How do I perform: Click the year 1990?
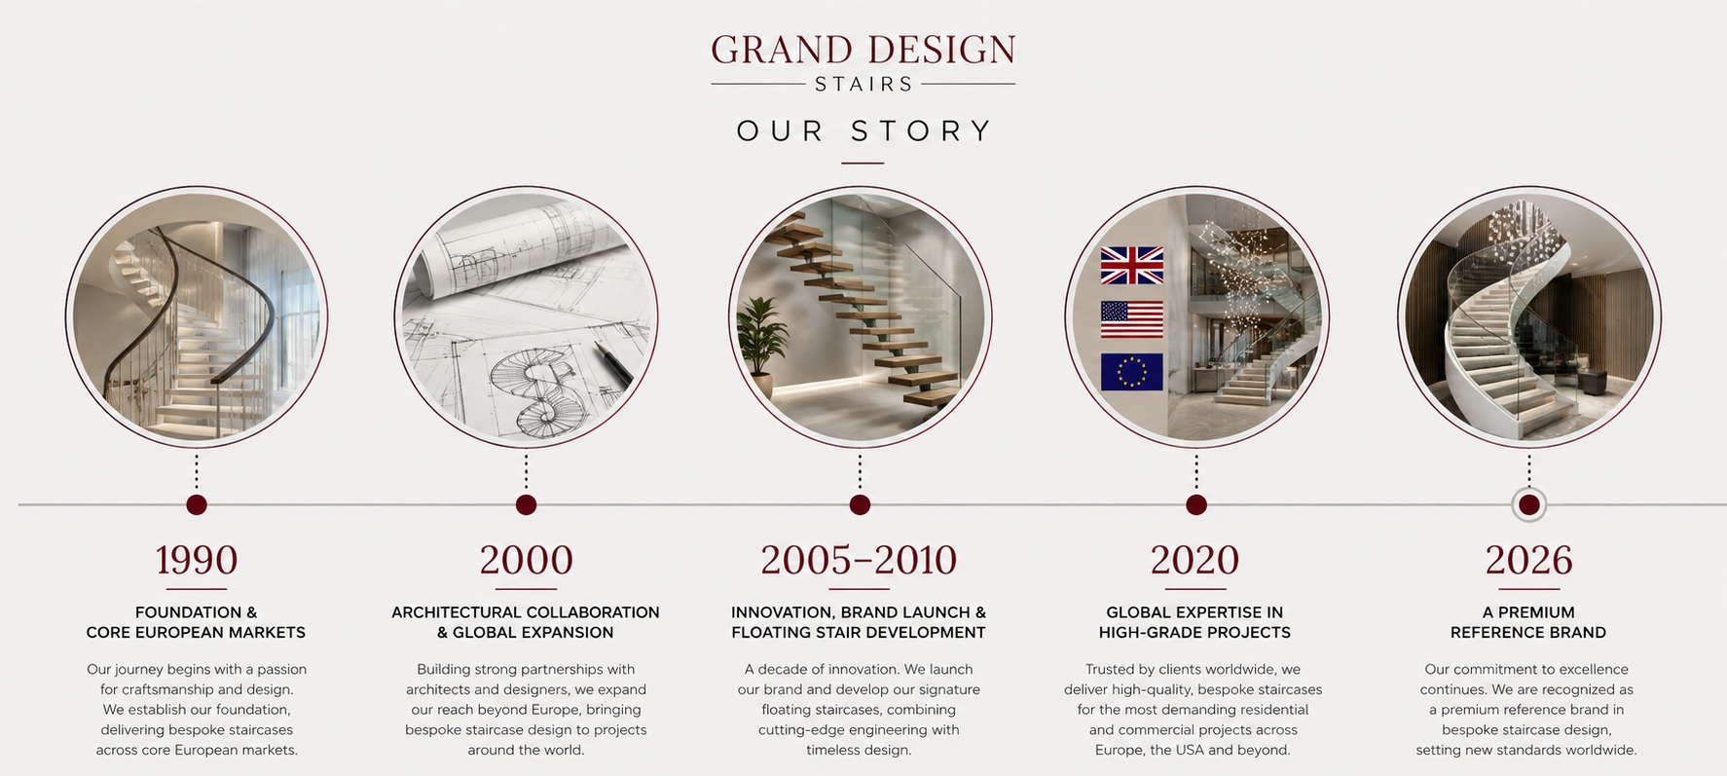point(197,560)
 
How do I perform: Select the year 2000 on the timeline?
point(526,560)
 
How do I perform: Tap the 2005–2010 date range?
point(859,560)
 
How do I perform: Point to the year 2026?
point(1528,560)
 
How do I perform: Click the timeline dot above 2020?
point(1196,504)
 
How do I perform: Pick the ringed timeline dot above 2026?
point(1529,504)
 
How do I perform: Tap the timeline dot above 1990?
point(197,504)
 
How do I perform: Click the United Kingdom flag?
point(1132,265)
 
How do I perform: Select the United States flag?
point(1132,319)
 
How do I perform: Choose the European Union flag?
point(1132,372)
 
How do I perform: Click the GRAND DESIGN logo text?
point(863,50)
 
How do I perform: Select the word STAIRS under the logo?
point(863,85)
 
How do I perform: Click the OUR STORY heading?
point(863,130)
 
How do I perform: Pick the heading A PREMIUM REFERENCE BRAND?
point(1528,622)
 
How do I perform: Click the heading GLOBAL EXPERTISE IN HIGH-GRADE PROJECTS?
point(1194,622)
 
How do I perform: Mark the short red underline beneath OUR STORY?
point(863,163)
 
